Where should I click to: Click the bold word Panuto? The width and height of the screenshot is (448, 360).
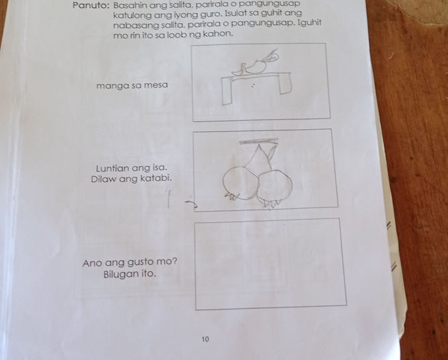tap(89, 5)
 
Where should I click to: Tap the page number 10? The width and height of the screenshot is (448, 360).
tap(205, 339)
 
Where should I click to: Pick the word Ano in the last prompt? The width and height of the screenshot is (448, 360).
tap(92, 263)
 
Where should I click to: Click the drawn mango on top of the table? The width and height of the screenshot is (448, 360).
tap(255, 67)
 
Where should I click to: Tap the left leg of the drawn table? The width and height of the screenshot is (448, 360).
tap(227, 92)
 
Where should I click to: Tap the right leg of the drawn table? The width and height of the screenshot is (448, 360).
tap(285, 83)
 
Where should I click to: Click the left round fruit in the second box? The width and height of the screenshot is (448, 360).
tap(240, 183)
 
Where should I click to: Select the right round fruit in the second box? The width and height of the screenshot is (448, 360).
tap(275, 186)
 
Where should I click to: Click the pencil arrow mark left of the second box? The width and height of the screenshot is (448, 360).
tap(191, 204)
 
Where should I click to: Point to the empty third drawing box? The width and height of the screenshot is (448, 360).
tap(270, 264)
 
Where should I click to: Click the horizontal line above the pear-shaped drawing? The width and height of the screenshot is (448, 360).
tap(259, 141)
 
